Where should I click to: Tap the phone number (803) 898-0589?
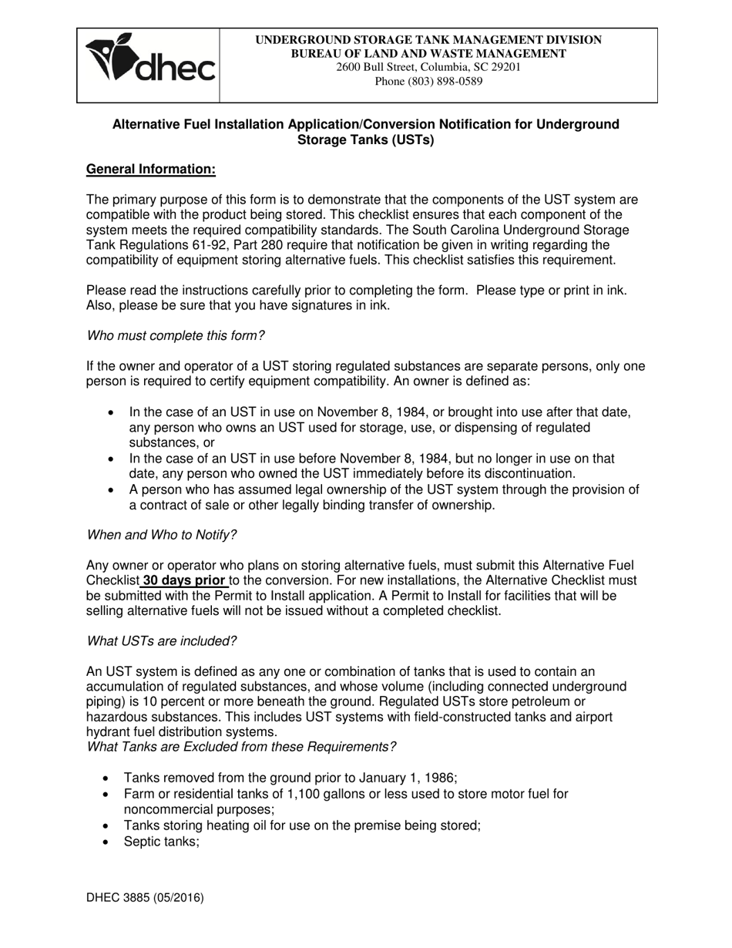click(428, 81)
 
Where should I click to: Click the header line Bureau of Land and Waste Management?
click(428, 53)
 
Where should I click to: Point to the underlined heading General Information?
click(150, 169)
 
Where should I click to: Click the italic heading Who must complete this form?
click(176, 335)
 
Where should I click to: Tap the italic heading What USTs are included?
click(162, 640)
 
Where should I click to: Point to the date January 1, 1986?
click(410, 778)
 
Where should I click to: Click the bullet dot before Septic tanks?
click(106, 842)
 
